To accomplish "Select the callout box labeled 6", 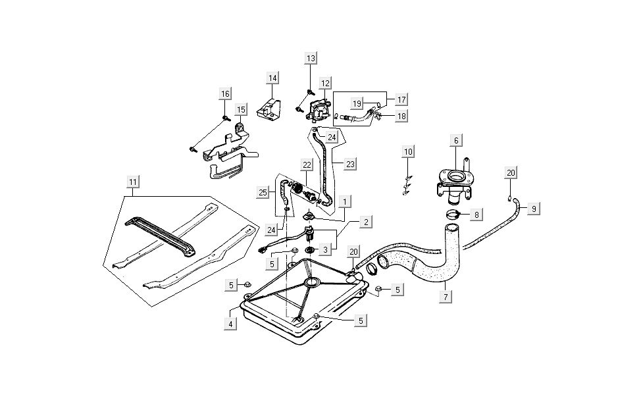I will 455,140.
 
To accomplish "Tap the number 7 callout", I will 446,296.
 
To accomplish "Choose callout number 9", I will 534,209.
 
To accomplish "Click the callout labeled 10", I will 409,152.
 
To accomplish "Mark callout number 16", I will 226,94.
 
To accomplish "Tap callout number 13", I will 311,59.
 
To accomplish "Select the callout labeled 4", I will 230,324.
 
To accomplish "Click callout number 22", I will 307,165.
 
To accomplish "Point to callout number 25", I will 263,192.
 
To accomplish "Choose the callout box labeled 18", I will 401,116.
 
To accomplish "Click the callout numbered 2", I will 365,222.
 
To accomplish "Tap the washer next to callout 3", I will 309,250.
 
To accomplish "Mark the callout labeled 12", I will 325,84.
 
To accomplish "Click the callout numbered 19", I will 356,104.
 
